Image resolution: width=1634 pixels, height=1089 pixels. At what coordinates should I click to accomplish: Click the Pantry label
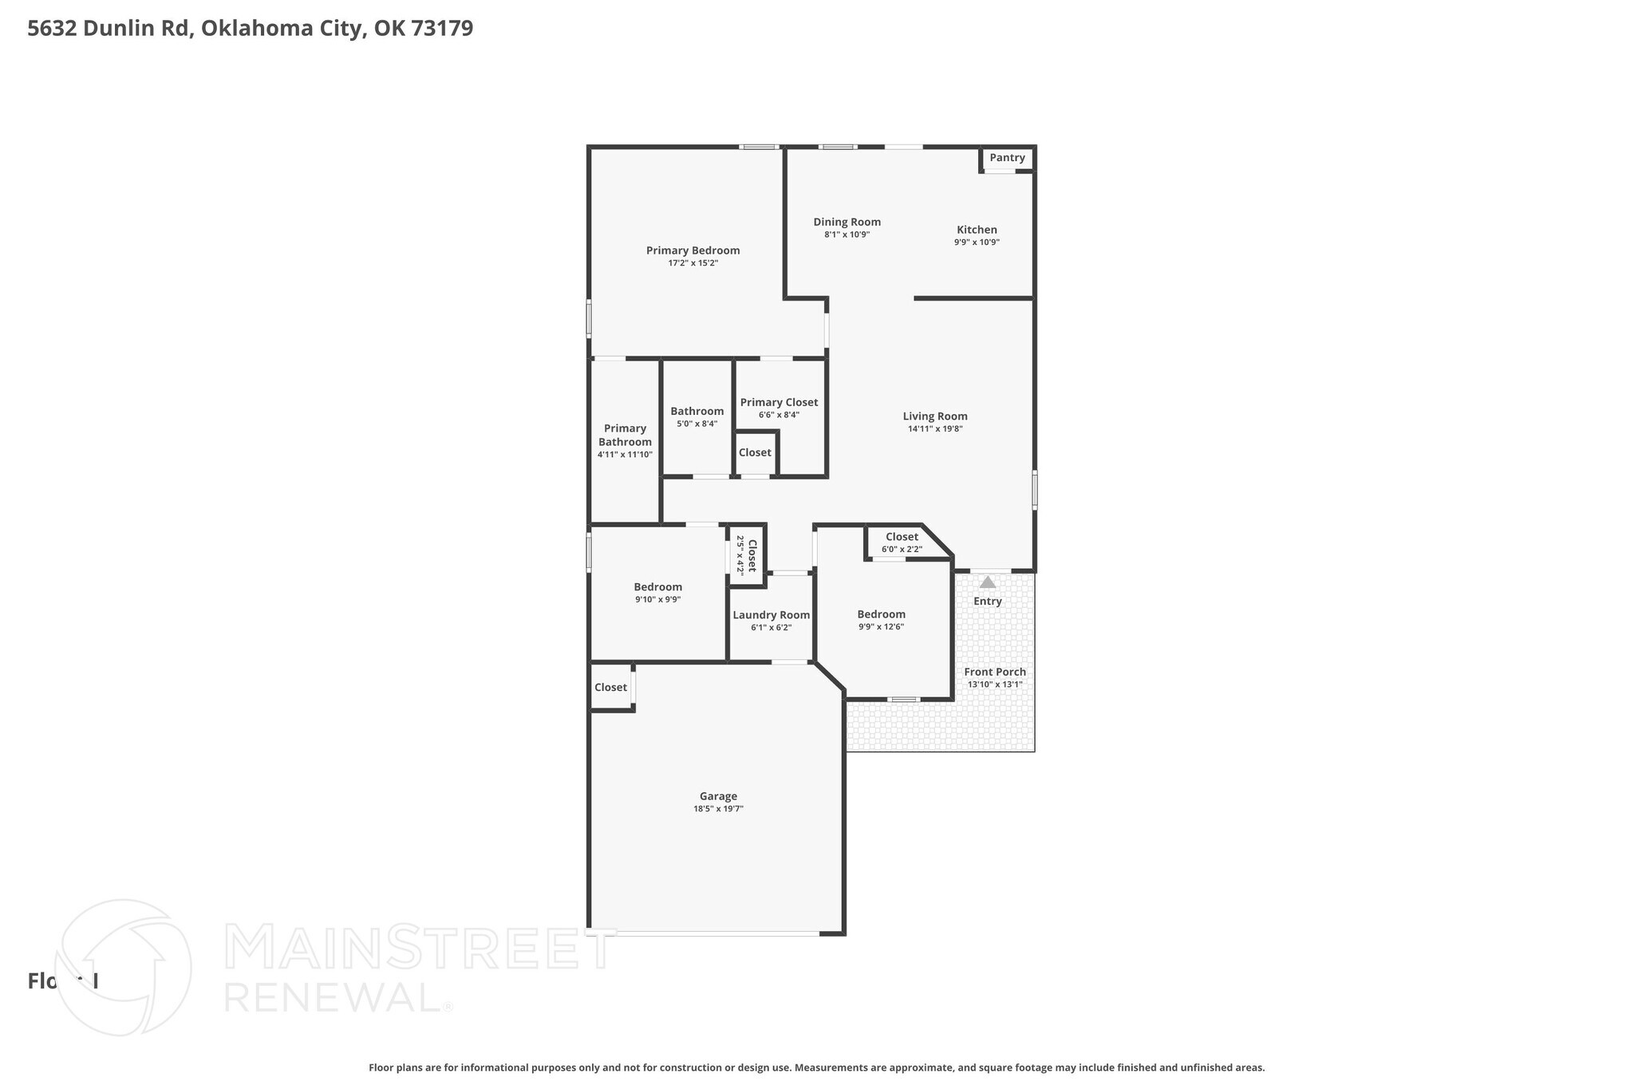1007,158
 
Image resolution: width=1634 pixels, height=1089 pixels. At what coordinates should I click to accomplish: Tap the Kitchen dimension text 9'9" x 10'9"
977,242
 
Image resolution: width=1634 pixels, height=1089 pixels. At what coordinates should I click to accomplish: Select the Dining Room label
847,222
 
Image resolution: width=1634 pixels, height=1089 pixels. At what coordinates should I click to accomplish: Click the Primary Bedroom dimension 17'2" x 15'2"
693,262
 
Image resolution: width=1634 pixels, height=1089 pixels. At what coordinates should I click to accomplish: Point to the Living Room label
935,416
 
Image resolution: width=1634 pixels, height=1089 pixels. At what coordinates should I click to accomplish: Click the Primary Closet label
779,402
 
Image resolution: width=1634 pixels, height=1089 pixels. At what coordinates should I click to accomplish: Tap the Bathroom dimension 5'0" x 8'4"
697,424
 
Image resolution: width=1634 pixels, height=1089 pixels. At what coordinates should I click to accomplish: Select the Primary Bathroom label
625,435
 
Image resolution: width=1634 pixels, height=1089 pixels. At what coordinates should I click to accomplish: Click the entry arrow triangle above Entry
988,582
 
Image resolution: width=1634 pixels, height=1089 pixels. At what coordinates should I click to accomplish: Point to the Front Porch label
995,672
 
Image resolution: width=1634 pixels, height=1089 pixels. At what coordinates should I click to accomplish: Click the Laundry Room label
771,614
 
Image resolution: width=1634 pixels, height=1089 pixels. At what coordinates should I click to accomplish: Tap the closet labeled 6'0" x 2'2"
902,543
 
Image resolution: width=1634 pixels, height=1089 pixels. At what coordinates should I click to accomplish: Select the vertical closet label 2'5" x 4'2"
746,555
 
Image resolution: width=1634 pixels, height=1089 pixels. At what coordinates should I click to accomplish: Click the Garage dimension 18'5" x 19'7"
718,808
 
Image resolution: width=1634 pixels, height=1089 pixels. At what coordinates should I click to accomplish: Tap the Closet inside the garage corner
610,687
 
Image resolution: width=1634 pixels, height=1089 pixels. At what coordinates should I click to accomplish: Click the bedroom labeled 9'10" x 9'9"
657,593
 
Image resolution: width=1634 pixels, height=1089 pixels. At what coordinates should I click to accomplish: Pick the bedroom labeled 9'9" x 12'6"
881,620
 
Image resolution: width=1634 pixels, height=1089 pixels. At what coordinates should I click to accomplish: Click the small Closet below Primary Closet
755,452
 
